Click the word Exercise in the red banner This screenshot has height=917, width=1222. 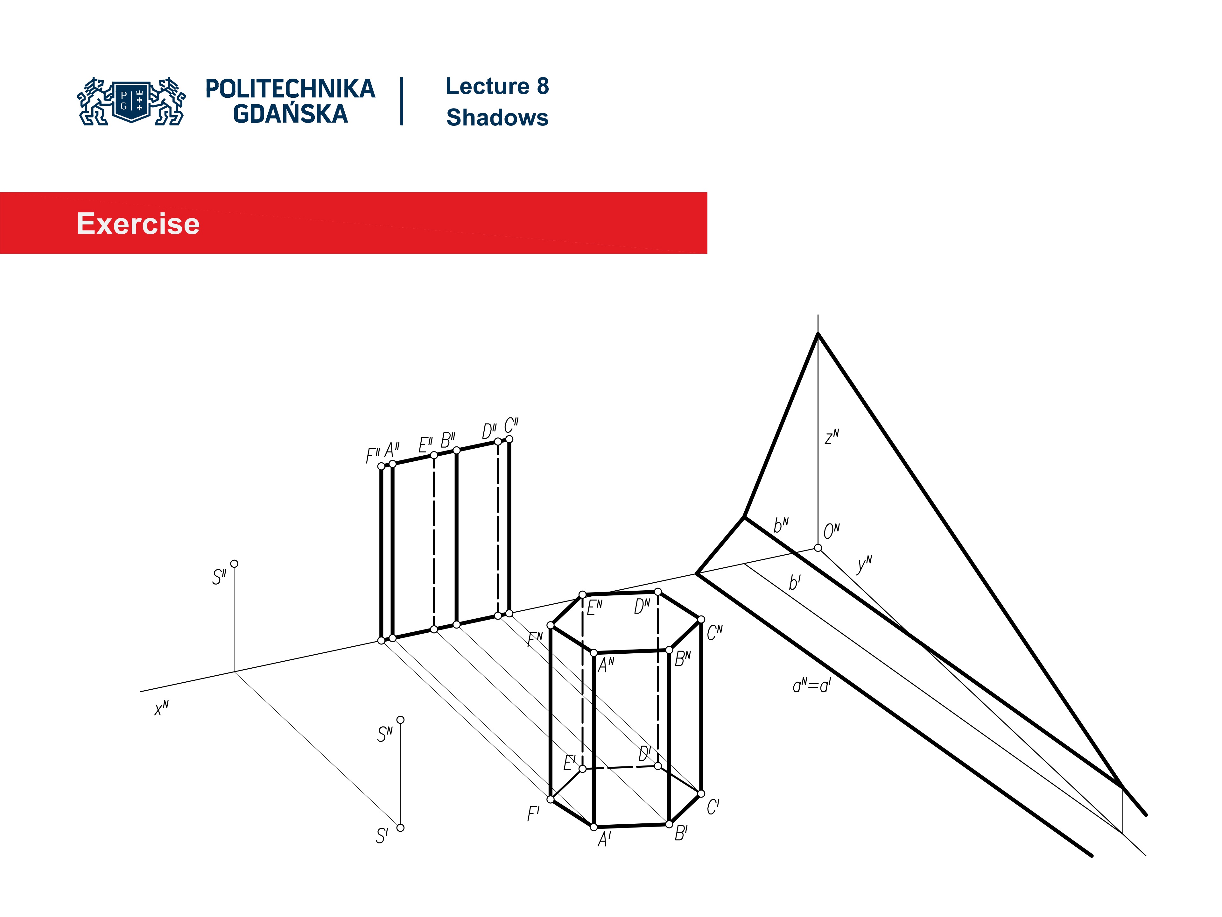pos(138,224)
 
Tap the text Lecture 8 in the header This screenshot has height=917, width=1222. pos(497,86)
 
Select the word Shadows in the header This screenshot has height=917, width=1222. pos(497,118)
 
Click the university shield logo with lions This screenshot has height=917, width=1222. pos(131,101)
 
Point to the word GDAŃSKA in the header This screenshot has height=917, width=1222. pos(291,114)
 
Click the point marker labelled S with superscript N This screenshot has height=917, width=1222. pos(401,720)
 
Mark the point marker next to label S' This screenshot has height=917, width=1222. pos(401,828)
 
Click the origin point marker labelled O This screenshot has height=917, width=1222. pos(818,548)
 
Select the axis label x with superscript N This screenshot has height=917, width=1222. pos(161,708)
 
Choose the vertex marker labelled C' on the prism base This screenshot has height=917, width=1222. pos(701,794)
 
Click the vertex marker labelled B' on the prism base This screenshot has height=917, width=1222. pos(669,824)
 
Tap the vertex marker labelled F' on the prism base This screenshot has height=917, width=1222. pos(550,799)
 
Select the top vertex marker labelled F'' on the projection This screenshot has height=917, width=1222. pos(381,466)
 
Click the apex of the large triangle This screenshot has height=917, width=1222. pos(818,333)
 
